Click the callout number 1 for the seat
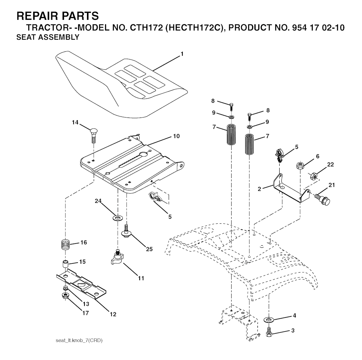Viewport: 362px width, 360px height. [182, 54]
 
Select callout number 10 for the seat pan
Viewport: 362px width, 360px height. [176, 136]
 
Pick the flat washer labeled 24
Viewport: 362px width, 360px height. [117, 218]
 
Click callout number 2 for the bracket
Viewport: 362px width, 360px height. [259, 189]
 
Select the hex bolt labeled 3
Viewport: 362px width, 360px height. [269, 332]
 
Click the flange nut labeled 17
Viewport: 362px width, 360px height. [66, 296]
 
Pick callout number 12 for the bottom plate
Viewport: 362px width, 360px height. [113, 314]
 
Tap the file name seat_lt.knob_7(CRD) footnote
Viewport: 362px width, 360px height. [79, 341]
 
